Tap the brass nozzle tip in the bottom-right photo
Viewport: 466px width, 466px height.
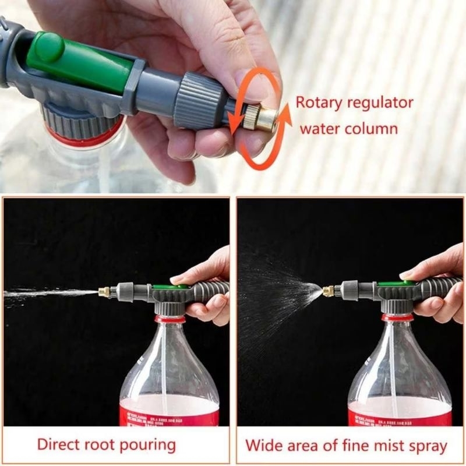pyautogui.click(x=330, y=289)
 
